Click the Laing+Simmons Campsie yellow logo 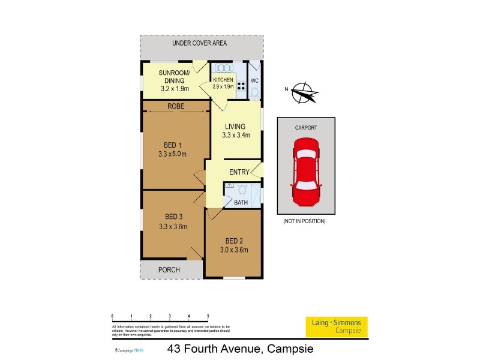tap(337, 326)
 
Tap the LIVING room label tap(235, 126)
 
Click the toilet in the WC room tap(254, 92)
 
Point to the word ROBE tap(176, 106)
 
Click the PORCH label tap(169, 270)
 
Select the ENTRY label tap(239, 172)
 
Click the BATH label tap(241, 203)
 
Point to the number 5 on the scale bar tap(208, 316)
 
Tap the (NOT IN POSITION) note tap(305, 221)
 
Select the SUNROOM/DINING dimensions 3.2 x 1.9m tap(175, 88)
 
